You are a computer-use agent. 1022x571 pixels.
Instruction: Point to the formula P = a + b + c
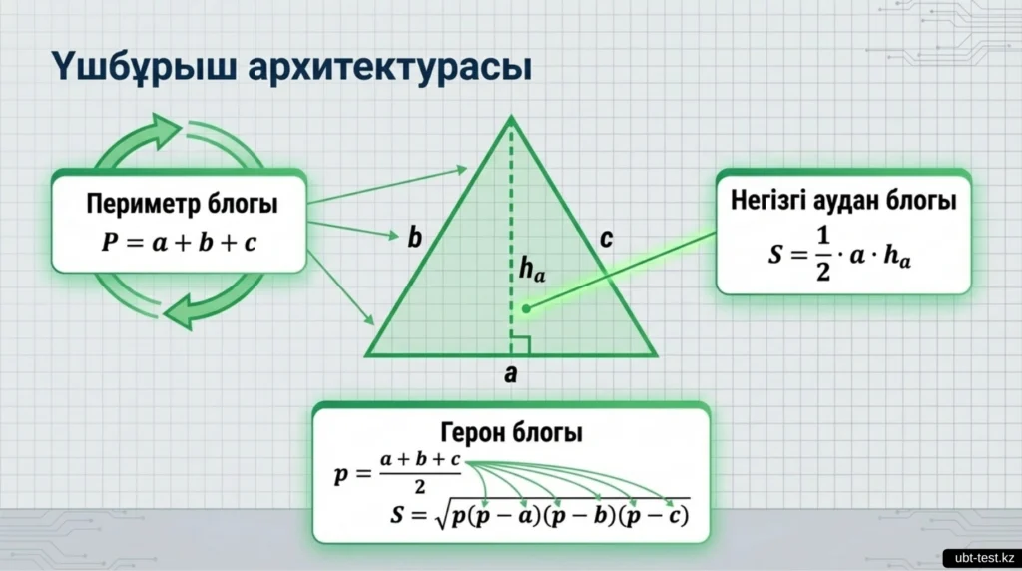coord(179,241)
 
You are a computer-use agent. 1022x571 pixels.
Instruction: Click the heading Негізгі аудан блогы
coord(843,200)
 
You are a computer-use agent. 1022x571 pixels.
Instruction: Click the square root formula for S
coord(538,515)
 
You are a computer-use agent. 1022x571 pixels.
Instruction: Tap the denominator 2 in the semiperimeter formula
coord(420,486)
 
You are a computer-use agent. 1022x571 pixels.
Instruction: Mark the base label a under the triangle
coord(510,374)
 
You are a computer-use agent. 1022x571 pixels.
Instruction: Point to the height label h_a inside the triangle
coord(531,267)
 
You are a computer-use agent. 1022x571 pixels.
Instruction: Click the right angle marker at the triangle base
coord(521,345)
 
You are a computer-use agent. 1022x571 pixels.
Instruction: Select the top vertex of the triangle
coord(511,118)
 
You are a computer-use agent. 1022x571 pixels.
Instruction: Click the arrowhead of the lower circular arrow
coord(181,315)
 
